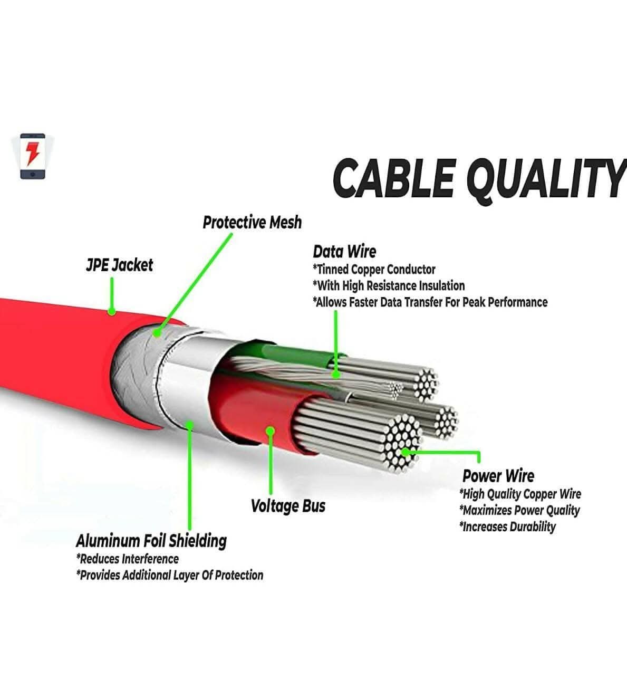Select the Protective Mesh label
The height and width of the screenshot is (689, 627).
point(252,223)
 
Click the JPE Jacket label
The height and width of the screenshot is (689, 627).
point(119,265)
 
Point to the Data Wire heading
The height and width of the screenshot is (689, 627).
point(344,252)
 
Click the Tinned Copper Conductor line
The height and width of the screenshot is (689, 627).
point(374,270)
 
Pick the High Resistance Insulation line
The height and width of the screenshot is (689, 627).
point(389,286)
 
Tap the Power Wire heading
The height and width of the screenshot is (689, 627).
point(498,476)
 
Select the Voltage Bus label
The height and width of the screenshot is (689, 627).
point(288,506)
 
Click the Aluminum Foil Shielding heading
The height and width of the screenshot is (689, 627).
point(151,541)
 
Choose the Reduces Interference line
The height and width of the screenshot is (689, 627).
point(128,559)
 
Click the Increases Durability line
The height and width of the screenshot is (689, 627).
point(507,527)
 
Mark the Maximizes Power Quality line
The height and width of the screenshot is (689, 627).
point(519,510)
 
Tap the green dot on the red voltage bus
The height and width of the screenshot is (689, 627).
point(271,431)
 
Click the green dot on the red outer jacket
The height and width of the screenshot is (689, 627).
point(112,311)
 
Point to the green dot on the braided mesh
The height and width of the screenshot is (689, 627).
point(157,332)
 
